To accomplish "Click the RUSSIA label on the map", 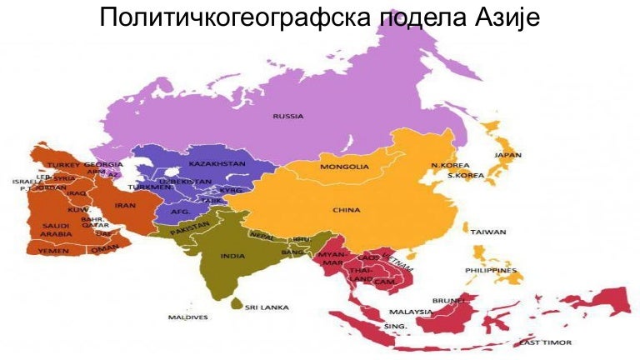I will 287,116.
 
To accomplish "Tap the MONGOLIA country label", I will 344,167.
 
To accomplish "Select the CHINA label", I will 347,210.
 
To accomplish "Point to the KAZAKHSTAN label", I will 217,164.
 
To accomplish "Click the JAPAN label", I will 508,155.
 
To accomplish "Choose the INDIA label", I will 232,256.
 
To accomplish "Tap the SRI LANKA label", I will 267,307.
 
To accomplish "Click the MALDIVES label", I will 187,317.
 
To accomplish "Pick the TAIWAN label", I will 488,232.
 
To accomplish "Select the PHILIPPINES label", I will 491,270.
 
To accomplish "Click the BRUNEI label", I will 446,300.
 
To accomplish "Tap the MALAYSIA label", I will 411,312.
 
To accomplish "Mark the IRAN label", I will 125,205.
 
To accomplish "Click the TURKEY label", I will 62,166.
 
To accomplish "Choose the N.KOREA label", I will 451,166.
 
